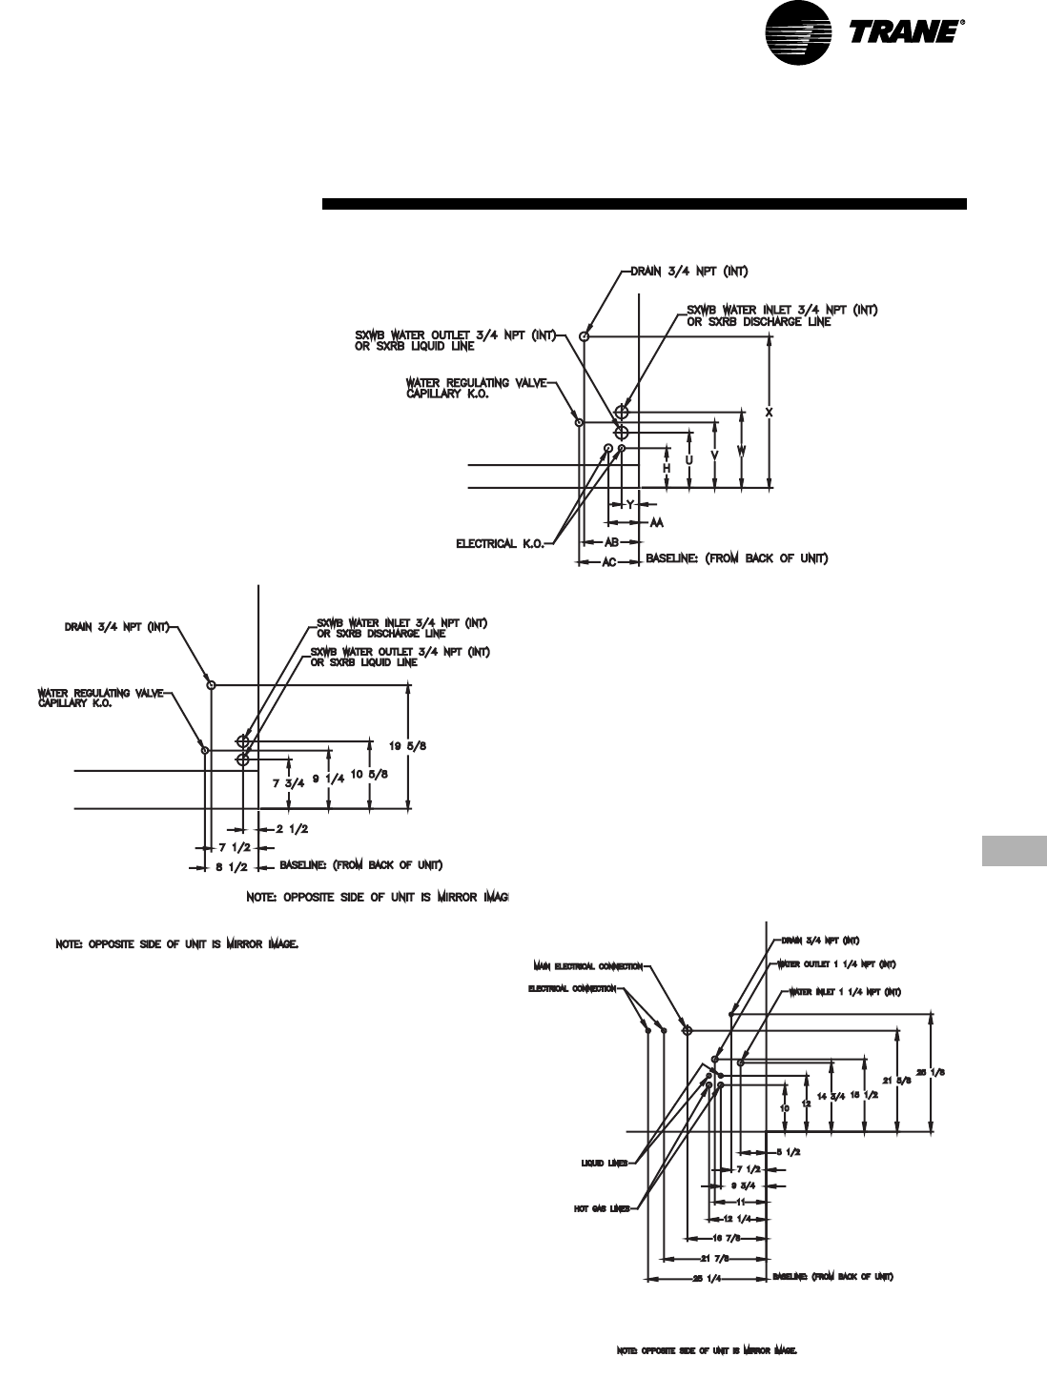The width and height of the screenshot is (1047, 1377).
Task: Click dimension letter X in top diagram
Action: coord(769,412)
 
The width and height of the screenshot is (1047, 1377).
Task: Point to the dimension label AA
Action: coord(656,523)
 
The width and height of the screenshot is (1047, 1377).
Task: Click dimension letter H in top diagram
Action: coord(667,468)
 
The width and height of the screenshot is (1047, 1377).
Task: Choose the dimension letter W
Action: coord(741,450)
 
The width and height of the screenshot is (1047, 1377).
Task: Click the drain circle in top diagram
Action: coord(585,335)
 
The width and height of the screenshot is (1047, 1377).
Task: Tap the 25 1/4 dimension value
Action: coord(706,1278)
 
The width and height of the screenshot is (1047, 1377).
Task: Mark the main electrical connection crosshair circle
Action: coord(688,1030)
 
